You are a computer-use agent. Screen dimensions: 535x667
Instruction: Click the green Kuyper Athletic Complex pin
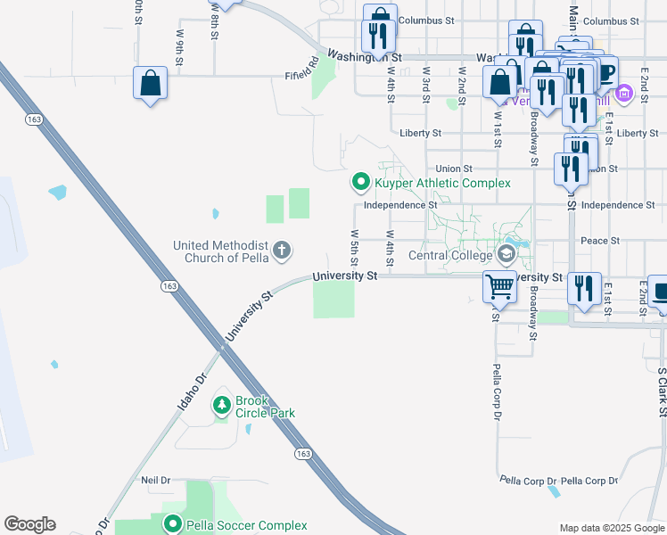(361, 182)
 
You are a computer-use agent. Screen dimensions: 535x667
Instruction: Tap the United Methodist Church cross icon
(282, 250)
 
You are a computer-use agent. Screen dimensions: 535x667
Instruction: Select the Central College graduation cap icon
(507, 255)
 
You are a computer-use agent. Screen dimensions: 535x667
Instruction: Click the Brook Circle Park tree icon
(221, 407)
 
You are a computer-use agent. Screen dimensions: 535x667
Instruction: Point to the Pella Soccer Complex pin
(172, 525)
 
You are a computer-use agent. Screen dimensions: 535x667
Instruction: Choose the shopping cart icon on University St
(499, 287)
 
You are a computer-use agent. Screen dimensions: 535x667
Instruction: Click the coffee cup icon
(605, 71)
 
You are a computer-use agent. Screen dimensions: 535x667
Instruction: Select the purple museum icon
(623, 93)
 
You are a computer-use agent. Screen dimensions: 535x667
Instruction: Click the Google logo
(29, 524)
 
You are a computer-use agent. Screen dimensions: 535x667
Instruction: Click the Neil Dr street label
(155, 480)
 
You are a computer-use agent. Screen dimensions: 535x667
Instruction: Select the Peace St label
(600, 241)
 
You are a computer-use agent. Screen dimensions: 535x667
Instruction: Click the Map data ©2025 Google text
(611, 528)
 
